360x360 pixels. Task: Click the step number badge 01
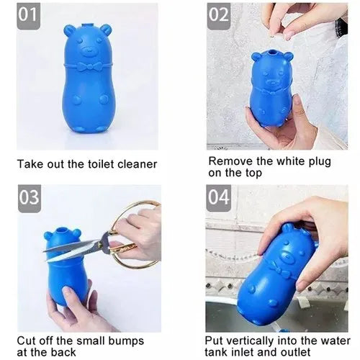coord(28,16)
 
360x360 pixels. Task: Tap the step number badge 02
coord(219,16)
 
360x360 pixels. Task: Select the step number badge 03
coord(30,199)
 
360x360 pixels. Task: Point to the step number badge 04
coord(218,198)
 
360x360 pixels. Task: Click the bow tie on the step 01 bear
coord(89,66)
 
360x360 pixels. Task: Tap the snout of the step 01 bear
coord(89,51)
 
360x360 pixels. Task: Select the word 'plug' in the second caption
coord(320,162)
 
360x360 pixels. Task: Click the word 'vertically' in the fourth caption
coord(250,341)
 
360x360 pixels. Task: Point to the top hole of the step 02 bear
coord(271,53)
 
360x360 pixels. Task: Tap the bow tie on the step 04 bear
coord(279,269)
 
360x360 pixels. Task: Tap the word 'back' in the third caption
coord(63,352)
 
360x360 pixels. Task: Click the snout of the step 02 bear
coord(272,82)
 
